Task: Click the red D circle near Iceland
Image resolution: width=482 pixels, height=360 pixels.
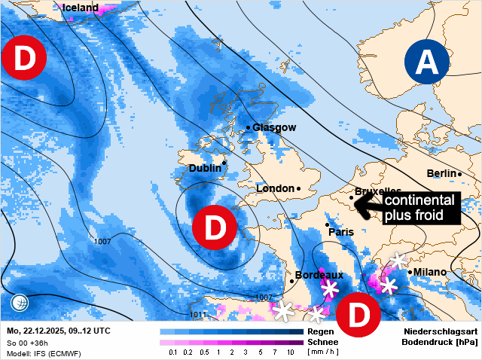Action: pyautogui.click(x=23, y=58)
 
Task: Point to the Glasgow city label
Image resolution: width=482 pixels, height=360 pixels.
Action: pyautogui.click(x=274, y=127)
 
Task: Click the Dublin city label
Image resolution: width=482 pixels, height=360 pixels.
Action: pyautogui.click(x=205, y=168)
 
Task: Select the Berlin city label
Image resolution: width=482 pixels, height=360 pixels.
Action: pyautogui.click(x=442, y=174)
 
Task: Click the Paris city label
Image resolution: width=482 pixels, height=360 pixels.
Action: pyautogui.click(x=340, y=232)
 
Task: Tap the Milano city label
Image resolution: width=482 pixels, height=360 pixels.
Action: pyautogui.click(x=429, y=272)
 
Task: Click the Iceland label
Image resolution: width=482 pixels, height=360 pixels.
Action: pyautogui.click(x=81, y=8)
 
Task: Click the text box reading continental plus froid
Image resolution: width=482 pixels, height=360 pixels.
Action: pyautogui.click(x=419, y=208)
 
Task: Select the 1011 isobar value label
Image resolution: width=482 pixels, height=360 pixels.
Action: pyautogui.click(x=197, y=314)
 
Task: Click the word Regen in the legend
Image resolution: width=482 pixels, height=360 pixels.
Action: pyautogui.click(x=321, y=331)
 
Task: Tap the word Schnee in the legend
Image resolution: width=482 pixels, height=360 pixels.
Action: pyautogui.click(x=323, y=342)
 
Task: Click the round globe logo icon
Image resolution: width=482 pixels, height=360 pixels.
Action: pyautogui.click(x=20, y=304)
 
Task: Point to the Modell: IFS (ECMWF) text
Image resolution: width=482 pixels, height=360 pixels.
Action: pyautogui.click(x=44, y=353)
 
